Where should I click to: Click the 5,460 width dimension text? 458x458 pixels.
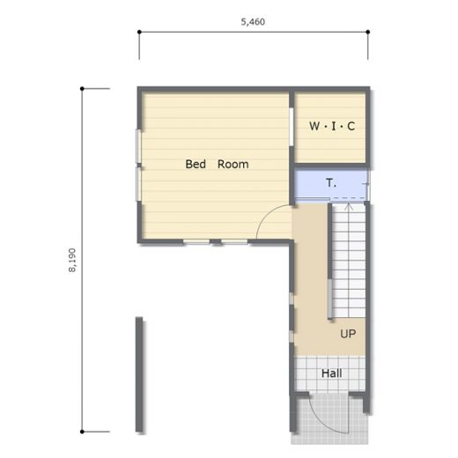tap(253, 22)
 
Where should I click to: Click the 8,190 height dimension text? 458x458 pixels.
tap(72, 260)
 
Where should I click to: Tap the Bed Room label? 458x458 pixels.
tap(217, 164)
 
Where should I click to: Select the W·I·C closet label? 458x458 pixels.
tap(332, 126)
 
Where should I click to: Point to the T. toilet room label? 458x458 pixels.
tap(331, 182)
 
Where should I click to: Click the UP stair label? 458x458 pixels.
tap(348, 334)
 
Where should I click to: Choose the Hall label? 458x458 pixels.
tap(331, 373)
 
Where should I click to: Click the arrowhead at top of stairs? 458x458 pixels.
tap(349, 206)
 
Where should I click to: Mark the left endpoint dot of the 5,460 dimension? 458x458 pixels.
tap(139, 32)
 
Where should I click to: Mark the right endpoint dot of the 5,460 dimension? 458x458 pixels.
tap(368, 32)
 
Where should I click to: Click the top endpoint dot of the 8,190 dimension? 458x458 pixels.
tap(82, 88)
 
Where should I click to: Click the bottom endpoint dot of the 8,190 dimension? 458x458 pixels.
tap(82, 432)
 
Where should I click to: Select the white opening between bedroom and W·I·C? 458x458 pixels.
tap(292, 127)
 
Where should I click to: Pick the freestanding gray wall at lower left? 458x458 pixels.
tap(139, 374)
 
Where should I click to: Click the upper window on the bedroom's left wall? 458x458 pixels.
tap(138, 146)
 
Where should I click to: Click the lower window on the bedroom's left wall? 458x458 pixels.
tap(138, 184)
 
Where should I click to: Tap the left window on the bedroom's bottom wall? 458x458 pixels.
tap(196, 242)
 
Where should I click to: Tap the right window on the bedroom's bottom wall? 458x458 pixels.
tap(234, 242)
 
